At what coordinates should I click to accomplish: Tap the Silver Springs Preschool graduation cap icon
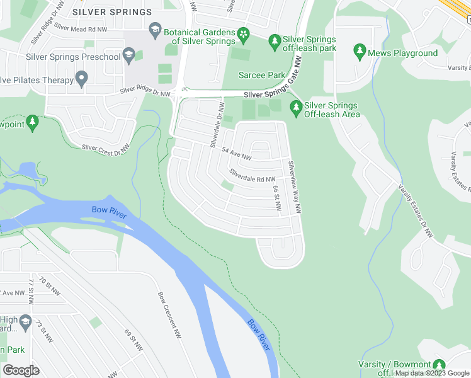click(x=130, y=57)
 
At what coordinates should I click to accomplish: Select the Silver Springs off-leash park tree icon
click(x=274, y=42)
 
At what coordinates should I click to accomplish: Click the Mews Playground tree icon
click(x=360, y=49)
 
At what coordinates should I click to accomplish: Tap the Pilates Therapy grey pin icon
click(x=81, y=78)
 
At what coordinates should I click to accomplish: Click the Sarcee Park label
click(x=261, y=75)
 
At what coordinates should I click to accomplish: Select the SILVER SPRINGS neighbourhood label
click(x=111, y=12)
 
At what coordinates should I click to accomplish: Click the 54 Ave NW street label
click(x=237, y=153)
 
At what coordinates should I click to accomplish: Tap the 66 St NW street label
click(x=276, y=198)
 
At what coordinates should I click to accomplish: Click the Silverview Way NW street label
click(x=294, y=186)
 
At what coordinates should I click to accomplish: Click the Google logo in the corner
click(x=21, y=370)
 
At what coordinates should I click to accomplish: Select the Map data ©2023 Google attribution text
click(x=432, y=373)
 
